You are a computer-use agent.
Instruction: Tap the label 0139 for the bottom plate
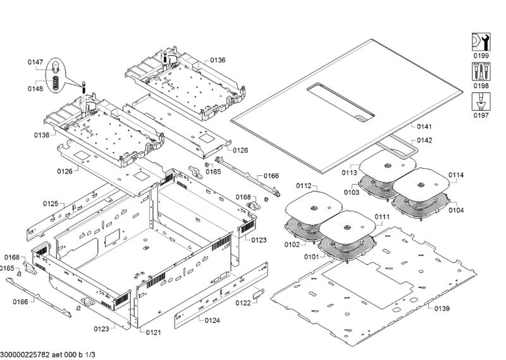441,308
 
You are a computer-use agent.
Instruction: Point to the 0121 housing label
154,332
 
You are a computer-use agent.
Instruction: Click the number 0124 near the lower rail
213,321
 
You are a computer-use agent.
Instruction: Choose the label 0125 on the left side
51,204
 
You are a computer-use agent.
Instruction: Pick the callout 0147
35,62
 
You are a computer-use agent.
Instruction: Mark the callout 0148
35,89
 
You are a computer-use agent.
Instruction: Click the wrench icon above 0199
480,41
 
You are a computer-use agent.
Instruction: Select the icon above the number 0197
480,101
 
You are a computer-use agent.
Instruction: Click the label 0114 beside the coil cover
456,175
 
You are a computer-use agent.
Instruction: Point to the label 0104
456,210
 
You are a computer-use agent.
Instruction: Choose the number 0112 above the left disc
304,186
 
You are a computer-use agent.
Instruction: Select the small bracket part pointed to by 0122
258,292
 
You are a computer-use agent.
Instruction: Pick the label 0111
381,217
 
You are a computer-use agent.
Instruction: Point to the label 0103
352,191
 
